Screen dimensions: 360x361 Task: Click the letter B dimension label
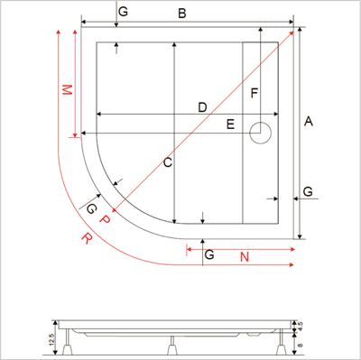click(181, 14)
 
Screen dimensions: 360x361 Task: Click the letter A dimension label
click(310, 121)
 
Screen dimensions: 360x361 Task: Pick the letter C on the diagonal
click(167, 162)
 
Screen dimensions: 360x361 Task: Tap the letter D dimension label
click(202, 107)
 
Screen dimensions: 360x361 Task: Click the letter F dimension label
click(255, 93)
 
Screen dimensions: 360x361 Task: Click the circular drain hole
click(263, 133)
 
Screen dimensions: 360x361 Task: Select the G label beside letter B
click(123, 12)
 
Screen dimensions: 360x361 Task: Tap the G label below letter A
click(308, 191)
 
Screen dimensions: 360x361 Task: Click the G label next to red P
click(90, 208)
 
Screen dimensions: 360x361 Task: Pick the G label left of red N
click(209, 257)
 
